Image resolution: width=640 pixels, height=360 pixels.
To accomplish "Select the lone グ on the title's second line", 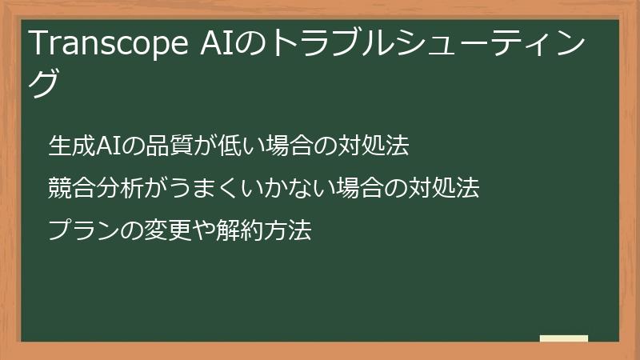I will coord(46,82).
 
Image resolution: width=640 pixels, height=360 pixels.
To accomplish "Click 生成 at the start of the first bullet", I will coord(71,146).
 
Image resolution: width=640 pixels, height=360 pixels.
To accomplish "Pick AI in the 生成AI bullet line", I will coord(107,146).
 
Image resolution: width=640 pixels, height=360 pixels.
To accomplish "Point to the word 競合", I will coord(71,189).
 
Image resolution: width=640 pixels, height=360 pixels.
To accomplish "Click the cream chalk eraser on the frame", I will coord(564,339).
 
